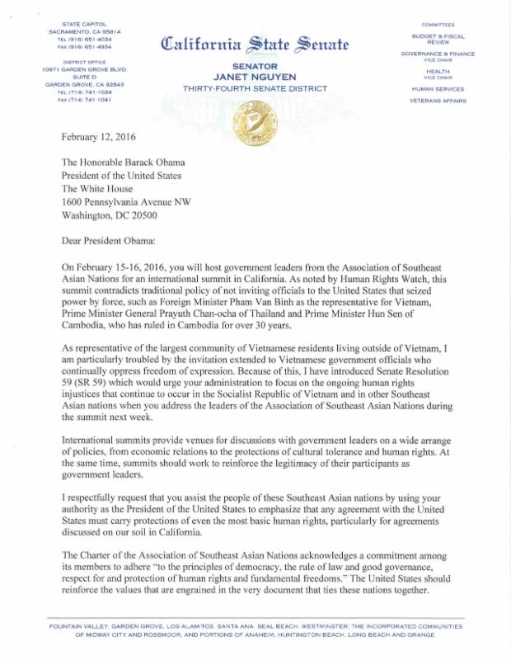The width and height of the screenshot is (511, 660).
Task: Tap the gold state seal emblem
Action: click(255, 124)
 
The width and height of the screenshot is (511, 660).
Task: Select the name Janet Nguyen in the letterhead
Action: click(255, 77)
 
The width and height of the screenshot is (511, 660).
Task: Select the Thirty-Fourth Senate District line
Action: click(255, 87)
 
